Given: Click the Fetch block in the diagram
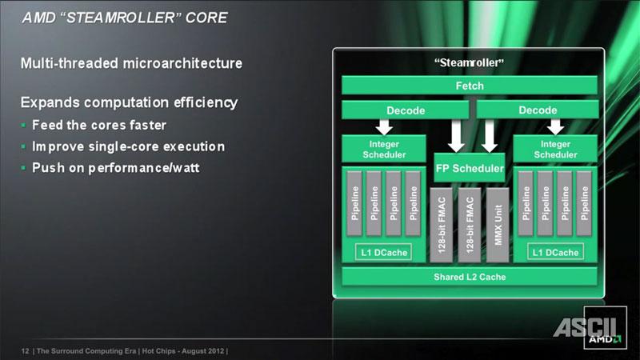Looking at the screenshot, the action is (470, 86).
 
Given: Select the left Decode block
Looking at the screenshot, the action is (406, 110).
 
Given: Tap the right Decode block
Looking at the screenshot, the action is (538, 110).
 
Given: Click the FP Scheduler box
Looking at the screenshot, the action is (470, 168).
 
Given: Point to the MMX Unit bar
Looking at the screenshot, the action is (498, 225).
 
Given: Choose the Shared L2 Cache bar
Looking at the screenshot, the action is (470, 277).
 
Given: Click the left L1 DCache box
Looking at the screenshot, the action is (384, 252).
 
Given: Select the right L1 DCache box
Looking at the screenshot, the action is (555, 252).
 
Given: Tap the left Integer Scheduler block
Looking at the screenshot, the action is (384, 149).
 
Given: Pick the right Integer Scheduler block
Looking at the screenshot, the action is (555, 149).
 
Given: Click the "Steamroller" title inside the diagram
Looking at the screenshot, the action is (470, 62).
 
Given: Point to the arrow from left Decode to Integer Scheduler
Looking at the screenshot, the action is (384, 127).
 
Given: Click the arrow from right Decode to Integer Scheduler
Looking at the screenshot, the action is (555, 127).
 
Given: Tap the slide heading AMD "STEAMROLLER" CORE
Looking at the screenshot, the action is (125, 18).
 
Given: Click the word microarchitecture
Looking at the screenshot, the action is (182, 63).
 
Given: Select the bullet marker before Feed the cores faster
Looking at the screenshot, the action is (23, 125).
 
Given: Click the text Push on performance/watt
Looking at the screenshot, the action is (115, 168).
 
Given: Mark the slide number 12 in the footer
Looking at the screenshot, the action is (25, 351).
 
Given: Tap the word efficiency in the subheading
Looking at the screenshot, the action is (206, 102).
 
